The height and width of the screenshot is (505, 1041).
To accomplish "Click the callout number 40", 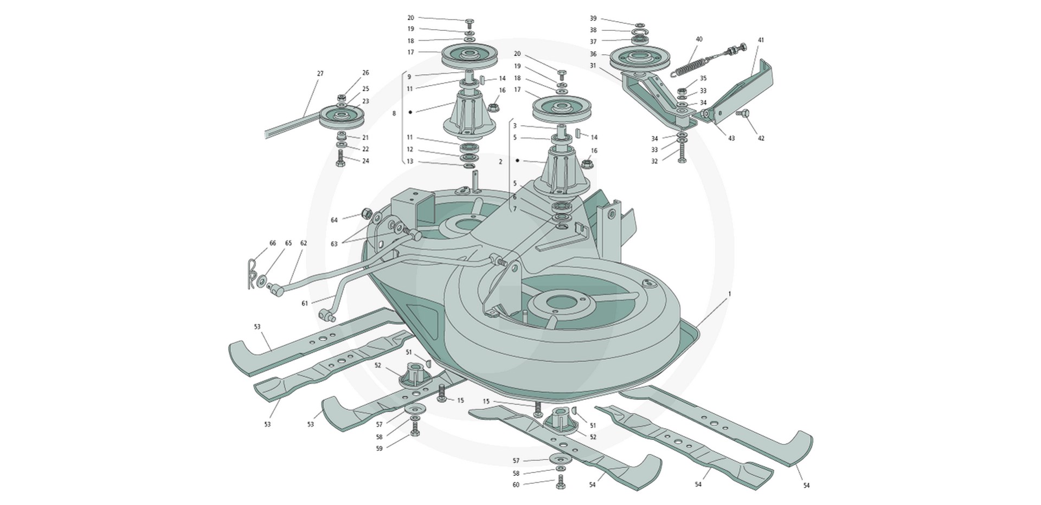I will (x=699, y=39).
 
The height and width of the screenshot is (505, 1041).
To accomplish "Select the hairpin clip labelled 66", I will (x=252, y=274).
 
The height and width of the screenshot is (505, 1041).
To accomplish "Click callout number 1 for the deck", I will (x=730, y=294).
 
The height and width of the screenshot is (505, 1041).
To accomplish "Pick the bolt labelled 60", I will (x=560, y=482).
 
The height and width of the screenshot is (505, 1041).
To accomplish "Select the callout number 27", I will (x=320, y=73).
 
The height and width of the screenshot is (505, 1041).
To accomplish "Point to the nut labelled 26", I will (x=342, y=98).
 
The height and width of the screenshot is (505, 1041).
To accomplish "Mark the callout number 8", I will (x=394, y=113).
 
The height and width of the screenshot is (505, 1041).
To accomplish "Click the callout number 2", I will (x=500, y=161).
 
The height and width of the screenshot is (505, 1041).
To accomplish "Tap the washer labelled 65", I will (x=262, y=281).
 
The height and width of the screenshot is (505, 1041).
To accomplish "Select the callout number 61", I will (x=305, y=303).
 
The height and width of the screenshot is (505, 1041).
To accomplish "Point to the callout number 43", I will (x=731, y=138).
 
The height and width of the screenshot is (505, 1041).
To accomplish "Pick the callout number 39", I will (x=593, y=18).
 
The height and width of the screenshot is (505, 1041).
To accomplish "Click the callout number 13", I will (x=409, y=161).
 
